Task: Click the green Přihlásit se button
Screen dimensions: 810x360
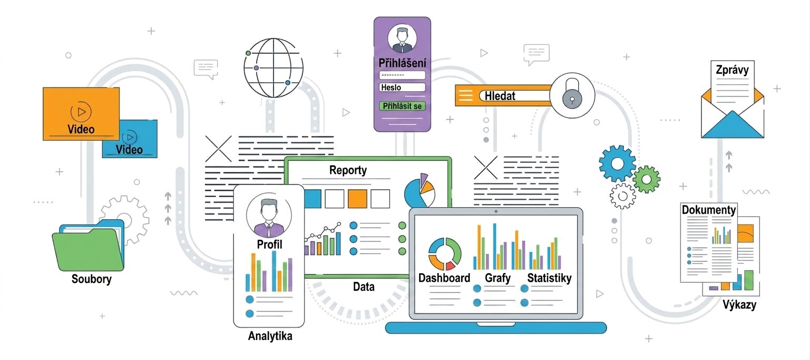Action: [x=402, y=106]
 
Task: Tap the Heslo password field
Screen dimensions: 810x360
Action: [x=402, y=87]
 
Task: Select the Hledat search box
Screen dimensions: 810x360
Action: [x=515, y=96]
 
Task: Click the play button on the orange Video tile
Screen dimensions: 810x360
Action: [x=81, y=111]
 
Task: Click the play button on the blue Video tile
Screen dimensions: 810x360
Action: [x=129, y=137]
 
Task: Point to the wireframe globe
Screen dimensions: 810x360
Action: [x=273, y=68]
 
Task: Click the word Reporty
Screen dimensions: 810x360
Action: [x=348, y=170]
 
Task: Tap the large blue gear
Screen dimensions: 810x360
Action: [x=617, y=163]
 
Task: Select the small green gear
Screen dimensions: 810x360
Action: [x=647, y=179]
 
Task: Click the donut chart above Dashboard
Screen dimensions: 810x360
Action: [x=445, y=254]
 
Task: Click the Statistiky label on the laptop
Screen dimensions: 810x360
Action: [x=549, y=278]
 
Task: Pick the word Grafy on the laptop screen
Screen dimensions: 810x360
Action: [x=498, y=278]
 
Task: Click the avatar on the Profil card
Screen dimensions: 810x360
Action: [x=268, y=215]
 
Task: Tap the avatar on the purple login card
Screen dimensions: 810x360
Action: [x=402, y=38]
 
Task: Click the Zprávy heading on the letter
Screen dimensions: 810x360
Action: [x=732, y=70]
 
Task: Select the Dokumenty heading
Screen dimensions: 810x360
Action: [x=708, y=210]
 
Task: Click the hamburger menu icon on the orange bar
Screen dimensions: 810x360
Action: [x=466, y=95]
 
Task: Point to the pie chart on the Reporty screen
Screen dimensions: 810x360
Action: [x=420, y=190]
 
